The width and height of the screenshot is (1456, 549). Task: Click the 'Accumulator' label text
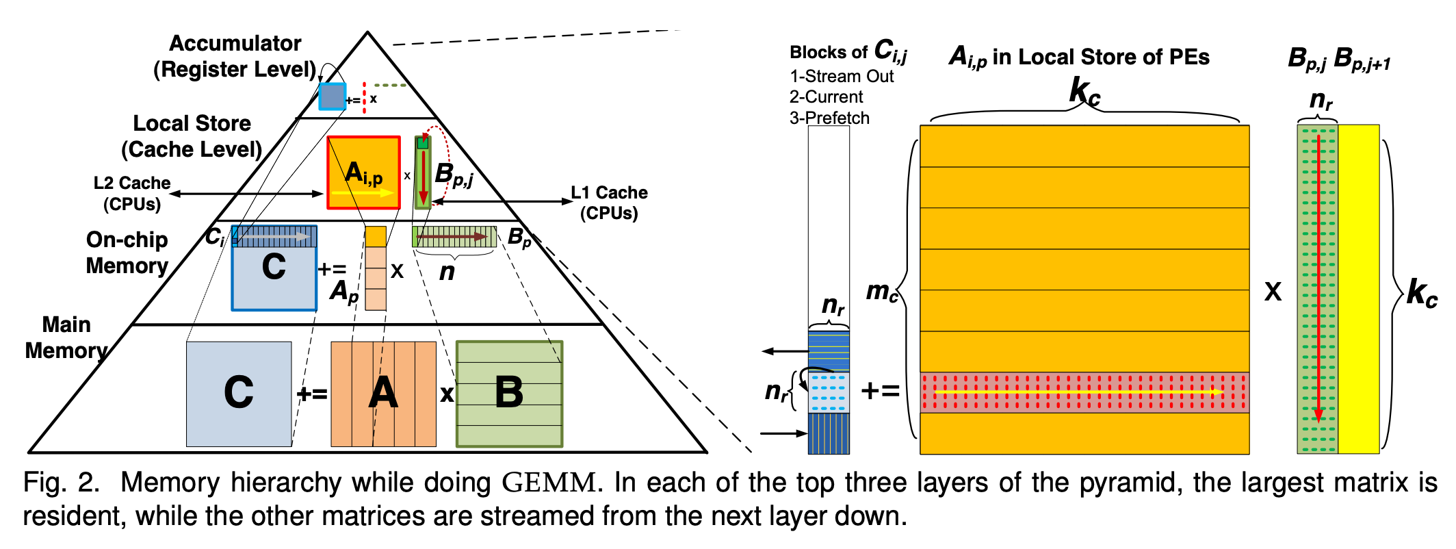235,43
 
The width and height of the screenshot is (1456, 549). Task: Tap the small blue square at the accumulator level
333,97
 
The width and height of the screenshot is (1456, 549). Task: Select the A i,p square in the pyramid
363,173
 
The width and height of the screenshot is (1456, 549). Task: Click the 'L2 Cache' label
132,183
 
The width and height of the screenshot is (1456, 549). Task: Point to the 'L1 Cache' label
609,192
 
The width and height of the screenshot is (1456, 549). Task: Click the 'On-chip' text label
127,240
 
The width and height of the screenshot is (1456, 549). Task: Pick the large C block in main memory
239,394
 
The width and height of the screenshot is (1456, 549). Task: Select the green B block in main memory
509,394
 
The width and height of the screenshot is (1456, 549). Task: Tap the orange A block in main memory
383,394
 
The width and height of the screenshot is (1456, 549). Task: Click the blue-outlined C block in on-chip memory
274,274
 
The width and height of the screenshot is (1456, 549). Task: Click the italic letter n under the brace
447,272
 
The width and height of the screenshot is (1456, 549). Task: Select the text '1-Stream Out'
842,76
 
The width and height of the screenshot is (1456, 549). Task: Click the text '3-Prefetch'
829,118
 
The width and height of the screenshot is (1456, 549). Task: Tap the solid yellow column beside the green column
1359,288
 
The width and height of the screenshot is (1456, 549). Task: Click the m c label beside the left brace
881,292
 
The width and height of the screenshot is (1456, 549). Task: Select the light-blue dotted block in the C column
829,392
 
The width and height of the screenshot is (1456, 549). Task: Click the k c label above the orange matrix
1084,92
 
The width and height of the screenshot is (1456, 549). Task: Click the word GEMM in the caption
549,483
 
